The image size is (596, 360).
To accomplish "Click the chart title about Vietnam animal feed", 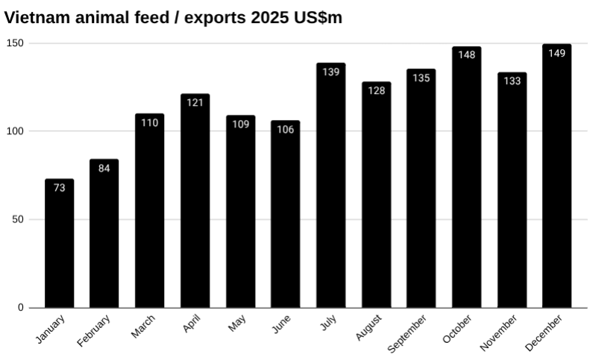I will tap(173, 17).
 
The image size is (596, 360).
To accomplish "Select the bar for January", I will tap(60, 246).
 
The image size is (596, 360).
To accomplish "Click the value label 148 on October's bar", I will tap(466, 54).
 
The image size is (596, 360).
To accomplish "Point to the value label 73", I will tap(60, 188).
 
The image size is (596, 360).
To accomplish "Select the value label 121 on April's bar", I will tap(195, 102).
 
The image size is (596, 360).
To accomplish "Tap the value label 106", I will tap(286, 129).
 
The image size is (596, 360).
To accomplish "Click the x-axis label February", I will tap(94, 330).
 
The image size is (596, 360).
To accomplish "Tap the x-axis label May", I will tap(236, 324).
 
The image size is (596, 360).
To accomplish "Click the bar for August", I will tap(376, 201).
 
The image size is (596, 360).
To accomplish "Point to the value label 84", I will tap(104, 168).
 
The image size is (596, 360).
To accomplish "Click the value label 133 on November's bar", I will tap(512, 81).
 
